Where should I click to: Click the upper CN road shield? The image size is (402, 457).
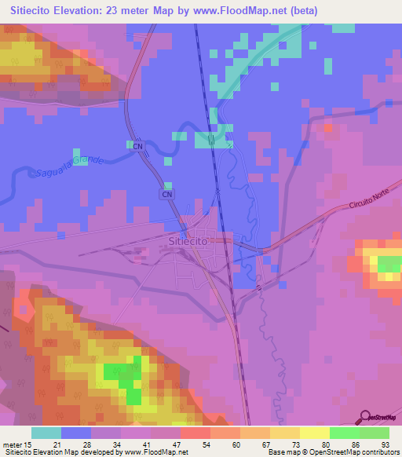(138, 145)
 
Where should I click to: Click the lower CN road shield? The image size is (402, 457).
(166, 193)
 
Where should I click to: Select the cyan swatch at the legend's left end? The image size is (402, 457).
(46, 433)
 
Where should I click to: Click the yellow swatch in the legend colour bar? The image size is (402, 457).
(314, 433)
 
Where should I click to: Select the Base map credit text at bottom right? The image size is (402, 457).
(333, 452)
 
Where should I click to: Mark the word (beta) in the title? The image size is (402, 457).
(322, 9)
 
